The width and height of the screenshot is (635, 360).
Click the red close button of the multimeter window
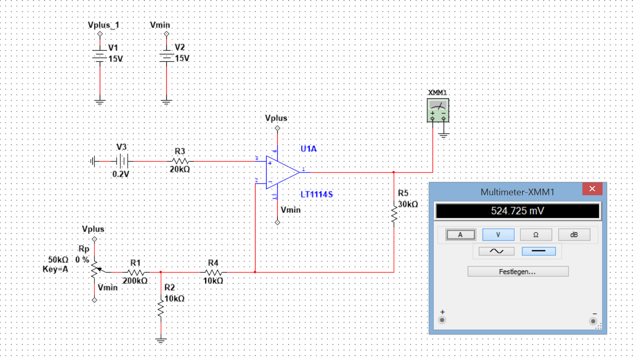[592, 189]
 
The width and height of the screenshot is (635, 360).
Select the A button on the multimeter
[461, 235]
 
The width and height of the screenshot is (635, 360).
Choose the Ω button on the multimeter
[536, 235]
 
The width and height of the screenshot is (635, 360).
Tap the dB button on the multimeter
[574, 235]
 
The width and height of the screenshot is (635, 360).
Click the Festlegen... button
[518, 272]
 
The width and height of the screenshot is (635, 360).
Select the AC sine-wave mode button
[497, 251]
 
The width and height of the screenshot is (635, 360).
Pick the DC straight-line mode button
[538, 251]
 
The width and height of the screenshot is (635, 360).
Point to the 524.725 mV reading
[518, 211]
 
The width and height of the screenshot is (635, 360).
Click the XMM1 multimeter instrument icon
[438, 111]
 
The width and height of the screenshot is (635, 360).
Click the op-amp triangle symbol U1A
[282, 172]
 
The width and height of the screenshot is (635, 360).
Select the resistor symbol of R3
[180, 162]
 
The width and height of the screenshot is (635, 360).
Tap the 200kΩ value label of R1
[135, 281]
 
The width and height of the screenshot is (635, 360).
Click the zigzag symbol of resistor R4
[213, 272]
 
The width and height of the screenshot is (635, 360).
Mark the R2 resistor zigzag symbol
[161, 308]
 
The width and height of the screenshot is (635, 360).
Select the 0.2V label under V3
[121, 174]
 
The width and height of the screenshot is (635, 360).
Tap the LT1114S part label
[317, 195]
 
